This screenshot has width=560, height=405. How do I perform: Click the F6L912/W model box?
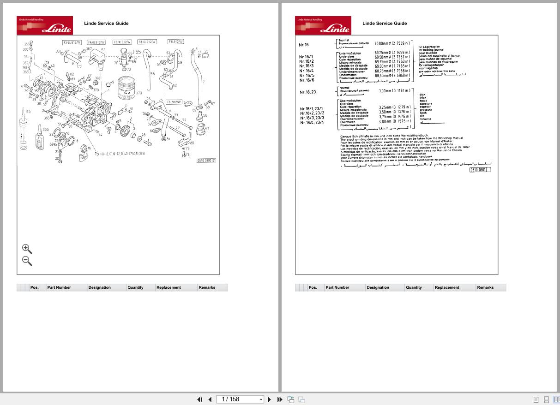(174, 101)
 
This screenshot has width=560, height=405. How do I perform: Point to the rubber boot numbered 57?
(201, 130)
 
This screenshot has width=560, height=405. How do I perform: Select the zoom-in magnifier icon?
(27, 249)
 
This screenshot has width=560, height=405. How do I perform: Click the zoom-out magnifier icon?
(27, 261)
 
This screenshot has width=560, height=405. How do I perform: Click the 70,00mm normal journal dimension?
(392, 43)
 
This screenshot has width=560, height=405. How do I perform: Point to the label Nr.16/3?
(306, 66)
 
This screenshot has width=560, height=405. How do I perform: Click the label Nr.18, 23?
(307, 92)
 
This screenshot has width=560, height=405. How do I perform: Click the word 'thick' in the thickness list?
(423, 98)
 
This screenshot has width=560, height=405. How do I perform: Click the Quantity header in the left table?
(135, 287)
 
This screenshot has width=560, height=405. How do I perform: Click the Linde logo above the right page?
(323, 26)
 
